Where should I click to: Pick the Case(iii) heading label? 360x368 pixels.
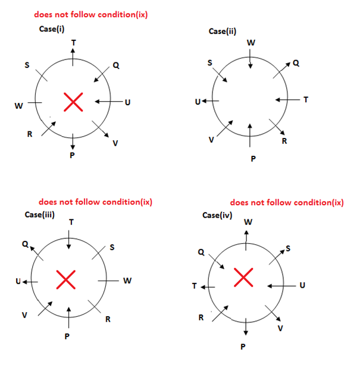pos(40,215)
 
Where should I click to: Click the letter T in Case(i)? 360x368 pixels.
pos(73,42)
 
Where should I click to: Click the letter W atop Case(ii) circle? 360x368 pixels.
pos(251,42)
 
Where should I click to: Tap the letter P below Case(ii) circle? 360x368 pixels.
pos(253,159)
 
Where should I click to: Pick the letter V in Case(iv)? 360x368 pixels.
pos(280,328)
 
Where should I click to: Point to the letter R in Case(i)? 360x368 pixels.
pos(29,134)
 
